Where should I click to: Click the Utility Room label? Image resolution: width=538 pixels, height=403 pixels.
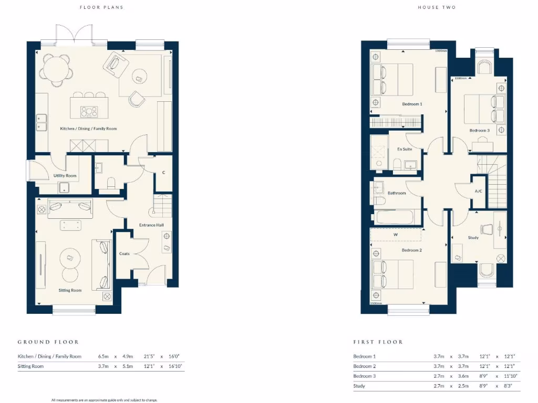[65, 176]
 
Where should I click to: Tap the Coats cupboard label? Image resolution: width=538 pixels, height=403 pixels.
[125, 253]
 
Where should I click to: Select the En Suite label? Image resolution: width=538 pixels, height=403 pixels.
[405, 149]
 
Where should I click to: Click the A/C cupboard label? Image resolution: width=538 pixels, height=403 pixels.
[479, 191]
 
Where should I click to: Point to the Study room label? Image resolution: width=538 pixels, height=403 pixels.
[473, 238]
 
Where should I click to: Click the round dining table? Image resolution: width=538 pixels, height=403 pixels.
[56, 68]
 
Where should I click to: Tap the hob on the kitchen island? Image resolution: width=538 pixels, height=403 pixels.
[89, 111]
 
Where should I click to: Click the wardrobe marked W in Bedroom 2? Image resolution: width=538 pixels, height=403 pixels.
[396, 235]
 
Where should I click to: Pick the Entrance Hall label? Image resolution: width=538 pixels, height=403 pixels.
[151, 225]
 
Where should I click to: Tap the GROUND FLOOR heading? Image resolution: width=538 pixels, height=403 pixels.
[48, 342]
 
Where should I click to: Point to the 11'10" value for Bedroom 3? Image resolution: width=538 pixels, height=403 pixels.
[510, 376]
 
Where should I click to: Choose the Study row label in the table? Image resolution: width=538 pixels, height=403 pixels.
[359, 386]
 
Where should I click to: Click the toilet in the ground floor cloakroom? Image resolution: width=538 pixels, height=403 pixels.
[111, 183]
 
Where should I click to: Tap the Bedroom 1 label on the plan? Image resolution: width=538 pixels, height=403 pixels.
[412, 104]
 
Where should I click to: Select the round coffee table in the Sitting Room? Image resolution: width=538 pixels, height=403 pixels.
[70, 258]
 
